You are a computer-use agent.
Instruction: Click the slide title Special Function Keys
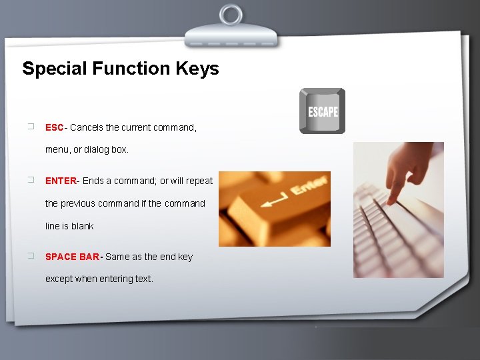coord(120,69)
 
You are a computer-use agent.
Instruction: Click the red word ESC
coord(54,127)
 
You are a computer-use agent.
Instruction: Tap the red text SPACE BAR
coord(73,257)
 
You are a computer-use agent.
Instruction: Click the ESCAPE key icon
coord(322,111)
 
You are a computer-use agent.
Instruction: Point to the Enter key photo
coord(275,209)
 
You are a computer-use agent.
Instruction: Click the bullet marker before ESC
coord(31,127)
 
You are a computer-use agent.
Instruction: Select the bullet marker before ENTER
coord(31,180)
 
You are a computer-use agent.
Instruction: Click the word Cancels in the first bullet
coord(86,127)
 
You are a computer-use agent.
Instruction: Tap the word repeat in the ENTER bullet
coord(199,181)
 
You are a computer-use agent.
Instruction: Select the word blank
coord(83,226)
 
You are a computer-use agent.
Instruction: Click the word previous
coord(83,203)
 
